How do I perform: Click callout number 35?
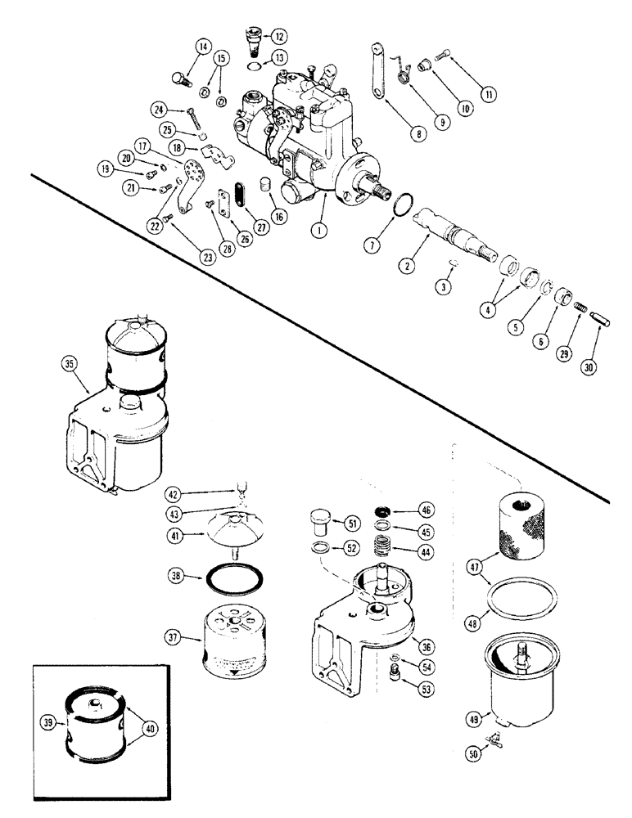pyautogui.click(x=69, y=379)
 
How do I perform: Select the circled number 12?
pyautogui.click(x=280, y=36)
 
